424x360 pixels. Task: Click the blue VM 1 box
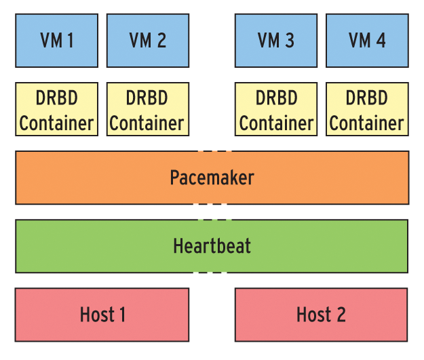coord(56,41)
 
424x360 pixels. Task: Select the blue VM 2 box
coord(147,41)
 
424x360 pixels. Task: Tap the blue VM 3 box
coord(276,41)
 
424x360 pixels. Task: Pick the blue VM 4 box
coord(367,41)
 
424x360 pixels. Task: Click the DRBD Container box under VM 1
coord(56,110)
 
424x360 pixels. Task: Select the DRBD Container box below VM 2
coord(147,110)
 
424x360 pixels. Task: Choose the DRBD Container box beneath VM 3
coord(276,110)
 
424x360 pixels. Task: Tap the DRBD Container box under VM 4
coord(367,110)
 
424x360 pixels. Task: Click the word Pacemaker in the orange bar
coord(212,178)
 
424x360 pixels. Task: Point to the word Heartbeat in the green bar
coord(212,245)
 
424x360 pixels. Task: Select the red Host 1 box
coord(102,315)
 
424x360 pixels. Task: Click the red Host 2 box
coord(322,315)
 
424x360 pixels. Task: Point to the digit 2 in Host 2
coord(340,315)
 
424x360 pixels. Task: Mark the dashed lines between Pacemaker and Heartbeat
coord(212,212)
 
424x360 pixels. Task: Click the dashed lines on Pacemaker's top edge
coord(212,151)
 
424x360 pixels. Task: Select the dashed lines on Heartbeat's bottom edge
coord(212,273)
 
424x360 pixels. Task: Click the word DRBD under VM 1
coord(56,98)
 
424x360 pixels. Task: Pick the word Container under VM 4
coord(367,123)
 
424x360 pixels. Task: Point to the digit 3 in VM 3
coord(289,41)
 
